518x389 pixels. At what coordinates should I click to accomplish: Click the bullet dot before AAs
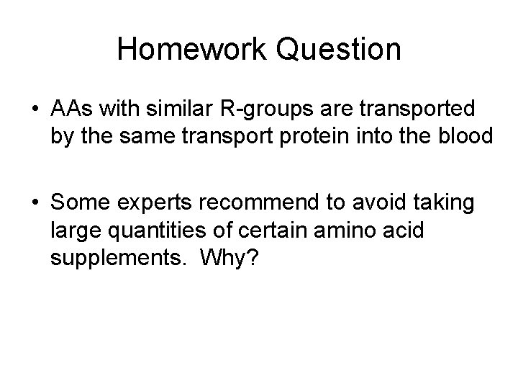tap(36, 109)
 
